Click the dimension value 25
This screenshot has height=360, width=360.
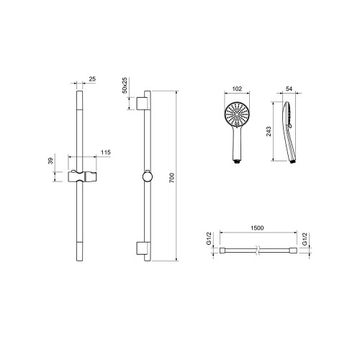92,78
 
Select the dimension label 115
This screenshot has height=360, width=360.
106,153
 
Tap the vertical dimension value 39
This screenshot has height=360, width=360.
50,161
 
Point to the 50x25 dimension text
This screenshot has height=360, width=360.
125,85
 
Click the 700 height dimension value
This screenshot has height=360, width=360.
172,178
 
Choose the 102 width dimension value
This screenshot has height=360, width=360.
237,89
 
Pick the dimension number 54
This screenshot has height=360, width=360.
289,89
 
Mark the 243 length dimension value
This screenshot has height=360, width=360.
269,132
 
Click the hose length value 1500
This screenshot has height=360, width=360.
257,228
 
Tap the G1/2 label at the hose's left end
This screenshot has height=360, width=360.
209,238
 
